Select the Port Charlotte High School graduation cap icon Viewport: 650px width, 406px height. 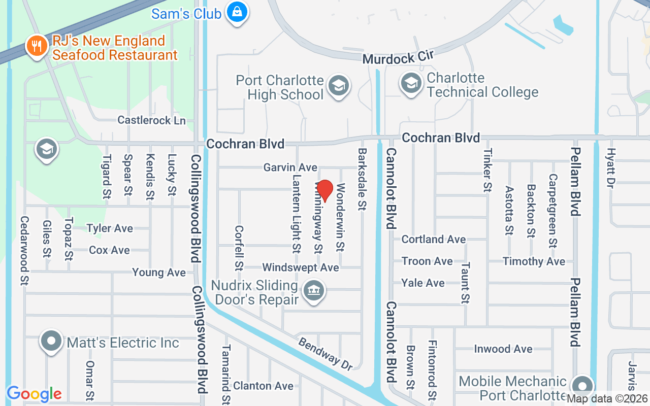338,86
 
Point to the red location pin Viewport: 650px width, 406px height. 324,191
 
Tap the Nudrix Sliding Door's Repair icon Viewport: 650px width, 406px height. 314,291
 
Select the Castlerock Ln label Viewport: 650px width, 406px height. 151,120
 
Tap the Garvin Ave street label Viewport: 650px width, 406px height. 290,167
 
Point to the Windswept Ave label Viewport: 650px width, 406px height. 300,267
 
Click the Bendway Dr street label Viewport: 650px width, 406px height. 326,354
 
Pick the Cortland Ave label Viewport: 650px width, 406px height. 433,239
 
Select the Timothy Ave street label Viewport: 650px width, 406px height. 534,261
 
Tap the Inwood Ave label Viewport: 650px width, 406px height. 503,349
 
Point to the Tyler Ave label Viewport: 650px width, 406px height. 110,228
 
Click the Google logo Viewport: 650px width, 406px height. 34,394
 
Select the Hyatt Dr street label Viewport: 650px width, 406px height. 611,168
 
